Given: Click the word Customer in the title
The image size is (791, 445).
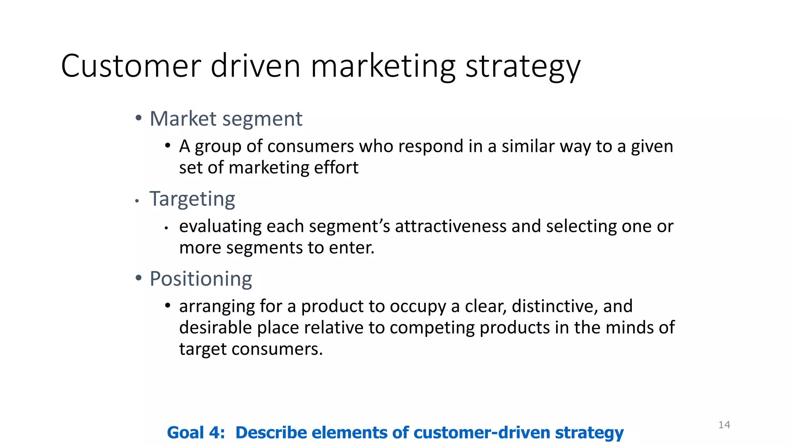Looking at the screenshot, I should pyautogui.click(x=131, y=66).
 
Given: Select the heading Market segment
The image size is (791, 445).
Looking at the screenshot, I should pyautogui.click(x=226, y=119).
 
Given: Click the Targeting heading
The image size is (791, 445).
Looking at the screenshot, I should pyautogui.click(x=192, y=199).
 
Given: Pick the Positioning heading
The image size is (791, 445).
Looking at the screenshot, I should pyautogui.click(x=200, y=279).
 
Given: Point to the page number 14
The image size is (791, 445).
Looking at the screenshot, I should pyautogui.click(x=724, y=425).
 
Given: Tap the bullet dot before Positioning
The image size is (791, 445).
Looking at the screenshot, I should pyautogui.click(x=139, y=278).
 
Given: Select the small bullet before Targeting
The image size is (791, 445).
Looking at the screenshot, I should pyautogui.click(x=137, y=201).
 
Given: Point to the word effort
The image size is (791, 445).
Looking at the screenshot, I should pyautogui.click(x=336, y=168).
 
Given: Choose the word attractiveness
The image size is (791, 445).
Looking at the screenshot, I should pyautogui.click(x=450, y=226).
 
